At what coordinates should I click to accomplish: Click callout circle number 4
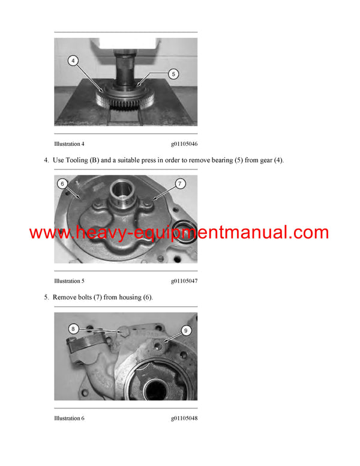click(73, 61)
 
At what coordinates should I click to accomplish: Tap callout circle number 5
click(173, 74)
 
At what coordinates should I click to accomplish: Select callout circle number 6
click(62, 183)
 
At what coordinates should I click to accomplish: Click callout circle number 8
click(73, 328)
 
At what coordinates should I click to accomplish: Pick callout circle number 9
click(185, 330)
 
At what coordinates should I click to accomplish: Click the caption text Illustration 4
click(69, 144)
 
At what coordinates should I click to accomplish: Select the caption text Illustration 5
click(69, 281)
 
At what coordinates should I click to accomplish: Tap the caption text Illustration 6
click(69, 418)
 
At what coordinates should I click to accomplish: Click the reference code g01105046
click(184, 144)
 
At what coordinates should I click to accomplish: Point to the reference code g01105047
click(184, 281)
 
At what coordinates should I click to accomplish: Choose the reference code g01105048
click(184, 418)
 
